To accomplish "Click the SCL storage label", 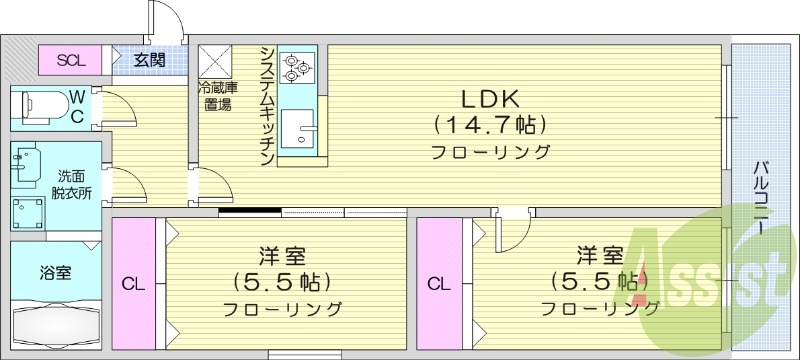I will click(69, 60).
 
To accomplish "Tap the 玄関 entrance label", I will click(150, 60).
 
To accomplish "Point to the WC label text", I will click(77, 105).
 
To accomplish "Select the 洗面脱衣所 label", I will click(72, 185).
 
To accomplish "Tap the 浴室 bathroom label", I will click(55, 271).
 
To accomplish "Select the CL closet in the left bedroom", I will click(133, 284).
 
